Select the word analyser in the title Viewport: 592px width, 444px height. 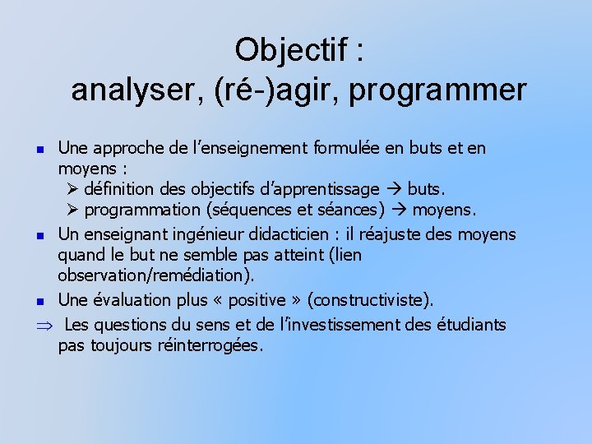point(135,90)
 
